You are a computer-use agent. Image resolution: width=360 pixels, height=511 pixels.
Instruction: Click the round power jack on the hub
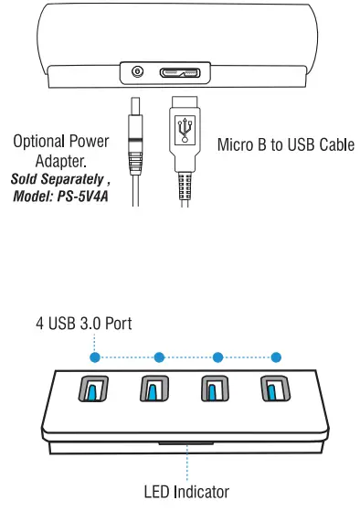click(x=139, y=71)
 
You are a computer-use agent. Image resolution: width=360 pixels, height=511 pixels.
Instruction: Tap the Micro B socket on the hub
click(x=181, y=71)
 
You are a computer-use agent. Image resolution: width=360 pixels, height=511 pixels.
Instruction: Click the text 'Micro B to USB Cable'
click(x=285, y=144)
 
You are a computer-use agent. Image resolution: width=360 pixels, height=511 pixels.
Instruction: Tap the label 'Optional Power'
click(x=60, y=142)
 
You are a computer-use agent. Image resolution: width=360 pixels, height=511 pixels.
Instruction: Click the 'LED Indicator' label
click(x=186, y=491)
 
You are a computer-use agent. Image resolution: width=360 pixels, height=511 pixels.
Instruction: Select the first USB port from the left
click(x=94, y=390)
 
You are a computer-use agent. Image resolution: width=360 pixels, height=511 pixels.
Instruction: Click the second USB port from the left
click(x=152, y=390)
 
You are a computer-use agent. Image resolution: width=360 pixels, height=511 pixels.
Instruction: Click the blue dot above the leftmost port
click(x=94, y=357)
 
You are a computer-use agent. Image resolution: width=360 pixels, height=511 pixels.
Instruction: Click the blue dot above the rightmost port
click(x=277, y=357)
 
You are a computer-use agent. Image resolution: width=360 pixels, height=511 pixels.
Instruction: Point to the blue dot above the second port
click(x=159, y=357)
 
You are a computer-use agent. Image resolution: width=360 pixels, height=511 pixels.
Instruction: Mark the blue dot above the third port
click(x=217, y=357)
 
